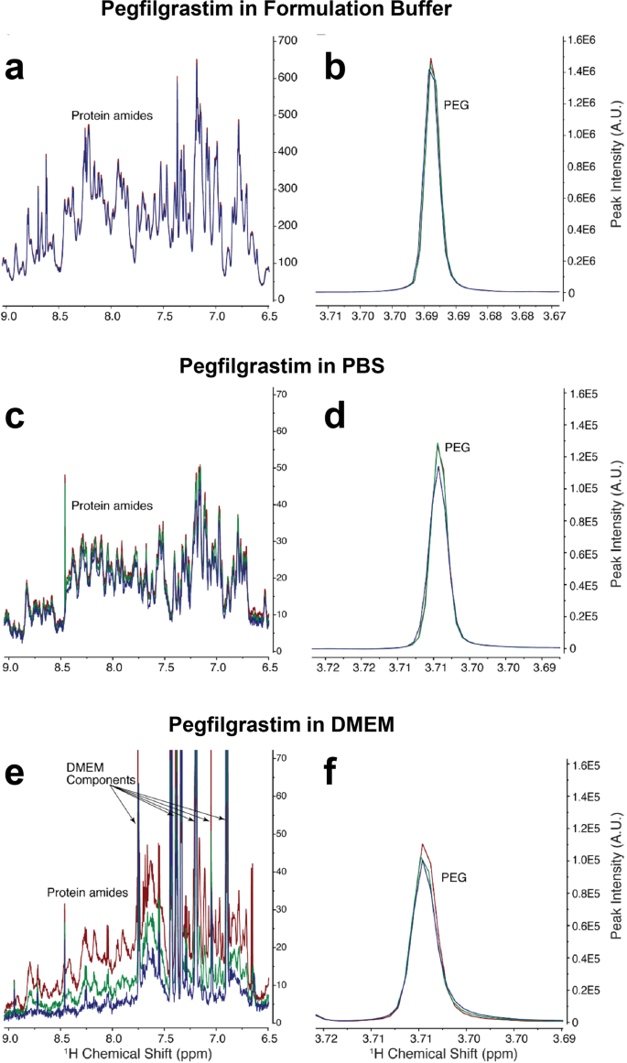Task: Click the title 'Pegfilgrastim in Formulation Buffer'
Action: [x=313, y=13]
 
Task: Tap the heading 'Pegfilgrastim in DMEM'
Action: [x=313, y=727]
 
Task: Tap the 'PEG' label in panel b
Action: [x=457, y=105]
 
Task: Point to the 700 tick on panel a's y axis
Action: [x=288, y=41]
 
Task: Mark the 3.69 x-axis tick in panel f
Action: [x=550, y=1040]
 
